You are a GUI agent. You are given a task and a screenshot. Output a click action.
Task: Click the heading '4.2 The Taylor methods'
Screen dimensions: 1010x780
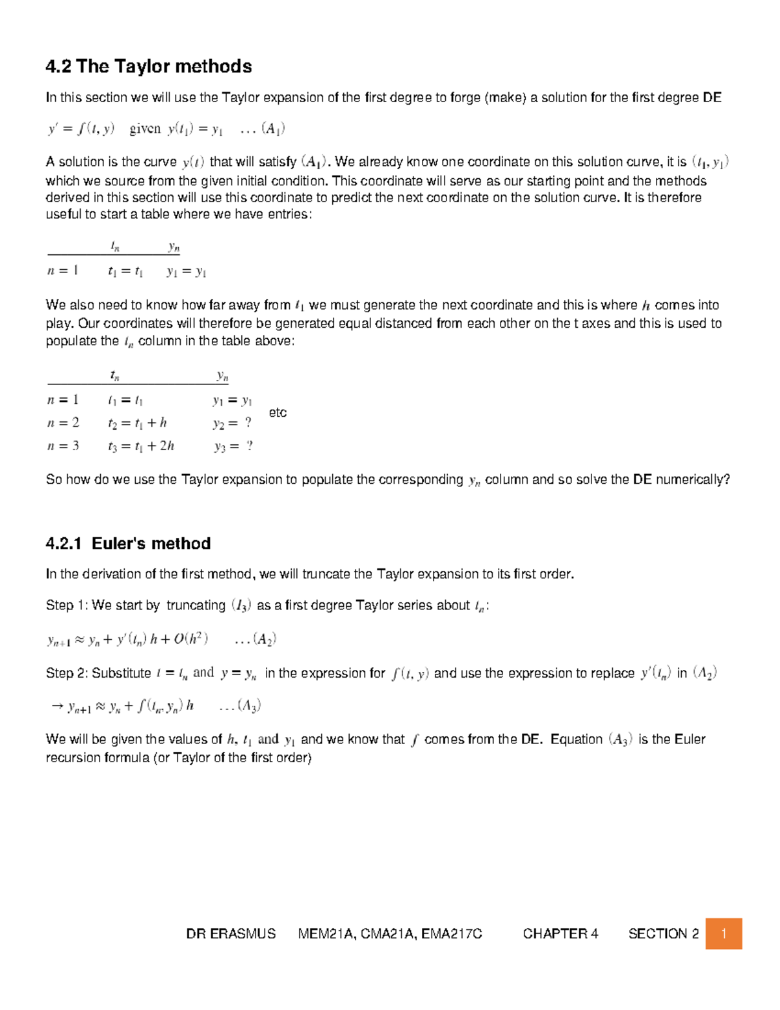[148, 66]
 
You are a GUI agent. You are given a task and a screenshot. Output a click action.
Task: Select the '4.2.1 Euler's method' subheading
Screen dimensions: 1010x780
[128, 544]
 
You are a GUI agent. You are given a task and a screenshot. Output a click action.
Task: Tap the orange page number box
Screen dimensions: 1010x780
[723, 934]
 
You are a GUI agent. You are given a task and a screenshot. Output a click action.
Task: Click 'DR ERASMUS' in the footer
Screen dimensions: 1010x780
[231, 934]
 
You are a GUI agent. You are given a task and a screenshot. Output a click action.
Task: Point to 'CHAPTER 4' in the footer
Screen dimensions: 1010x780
[560, 934]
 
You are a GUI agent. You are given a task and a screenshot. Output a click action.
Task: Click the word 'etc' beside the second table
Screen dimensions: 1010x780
[278, 412]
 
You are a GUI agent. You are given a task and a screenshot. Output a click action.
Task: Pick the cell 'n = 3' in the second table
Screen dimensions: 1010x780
[63, 446]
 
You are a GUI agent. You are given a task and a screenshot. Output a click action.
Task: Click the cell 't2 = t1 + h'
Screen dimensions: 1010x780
[137, 423]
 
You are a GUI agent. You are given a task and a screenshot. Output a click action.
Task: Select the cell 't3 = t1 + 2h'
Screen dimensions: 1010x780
[141, 446]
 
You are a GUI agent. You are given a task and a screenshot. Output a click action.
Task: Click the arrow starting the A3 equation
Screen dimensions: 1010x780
[56, 706]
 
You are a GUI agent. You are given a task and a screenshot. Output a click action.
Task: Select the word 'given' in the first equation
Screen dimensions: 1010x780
[145, 129]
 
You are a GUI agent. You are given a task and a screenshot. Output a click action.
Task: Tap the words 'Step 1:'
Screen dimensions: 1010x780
[67, 605]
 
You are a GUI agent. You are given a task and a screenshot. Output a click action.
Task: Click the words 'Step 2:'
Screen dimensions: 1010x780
[67, 673]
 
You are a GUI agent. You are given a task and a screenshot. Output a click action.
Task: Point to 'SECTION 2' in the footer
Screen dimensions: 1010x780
[663, 934]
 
